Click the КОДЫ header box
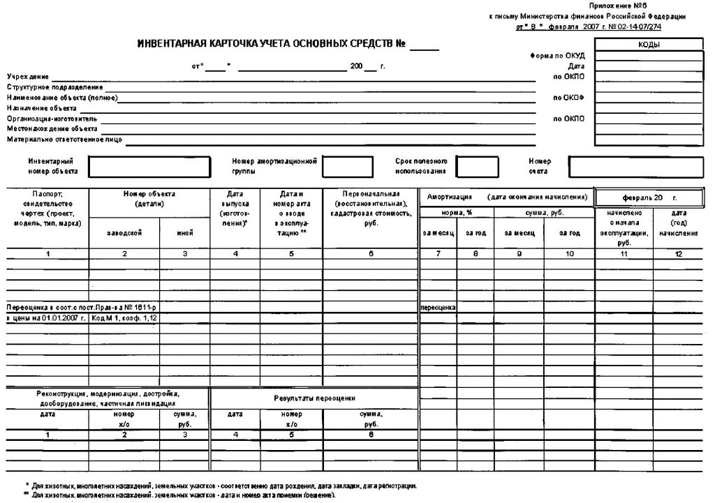(649, 45)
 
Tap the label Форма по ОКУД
(557, 55)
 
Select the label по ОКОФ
(568, 97)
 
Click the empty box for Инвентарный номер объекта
(149, 167)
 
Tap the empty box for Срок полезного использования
(478, 167)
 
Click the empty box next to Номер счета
(635, 167)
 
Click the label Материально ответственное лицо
(64, 139)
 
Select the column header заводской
(124, 233)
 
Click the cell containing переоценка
(438, 307)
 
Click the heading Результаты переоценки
(314, 398)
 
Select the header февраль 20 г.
(649, 198)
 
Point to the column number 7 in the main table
(438, 254)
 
